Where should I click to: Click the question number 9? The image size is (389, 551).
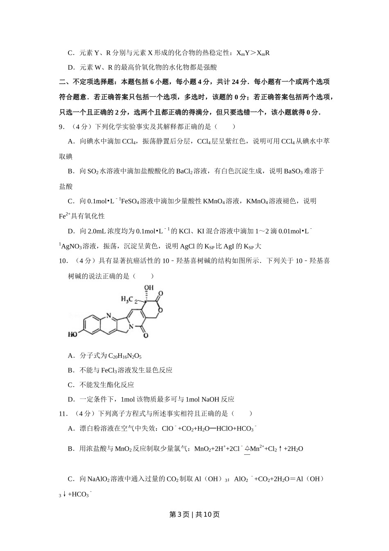62,127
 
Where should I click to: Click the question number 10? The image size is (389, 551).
63,261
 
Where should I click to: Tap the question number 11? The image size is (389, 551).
63,414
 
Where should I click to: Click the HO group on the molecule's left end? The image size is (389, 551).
72,334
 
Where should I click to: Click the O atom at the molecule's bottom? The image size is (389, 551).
145,335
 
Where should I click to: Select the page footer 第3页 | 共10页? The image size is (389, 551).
194,515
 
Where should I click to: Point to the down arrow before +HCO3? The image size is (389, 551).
64,494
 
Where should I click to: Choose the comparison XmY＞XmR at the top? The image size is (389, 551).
253,53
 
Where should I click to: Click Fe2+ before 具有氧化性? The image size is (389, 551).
65,216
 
